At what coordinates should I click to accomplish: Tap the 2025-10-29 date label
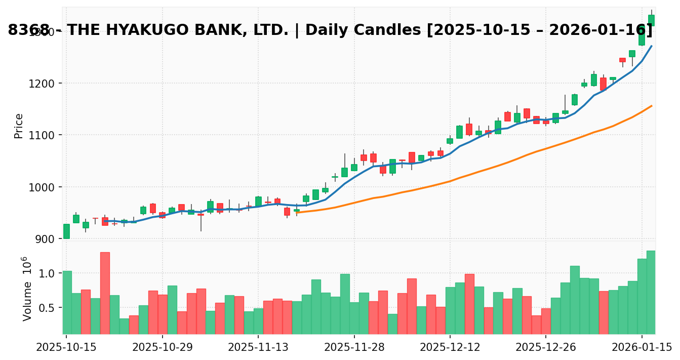click(162, 348)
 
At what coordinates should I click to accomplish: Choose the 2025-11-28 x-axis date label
click(354, 348)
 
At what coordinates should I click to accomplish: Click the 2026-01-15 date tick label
click(642, 348)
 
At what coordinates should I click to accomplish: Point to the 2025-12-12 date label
click(450, 348)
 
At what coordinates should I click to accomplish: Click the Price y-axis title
click(19, 126)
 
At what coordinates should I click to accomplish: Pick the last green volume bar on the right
click(651, 292)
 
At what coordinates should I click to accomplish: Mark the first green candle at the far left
click(66, 231)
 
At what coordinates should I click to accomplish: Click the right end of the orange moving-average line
click(651, 106)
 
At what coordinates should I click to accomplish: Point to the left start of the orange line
click(297, 213)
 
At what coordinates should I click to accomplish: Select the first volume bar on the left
click(67, 302)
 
